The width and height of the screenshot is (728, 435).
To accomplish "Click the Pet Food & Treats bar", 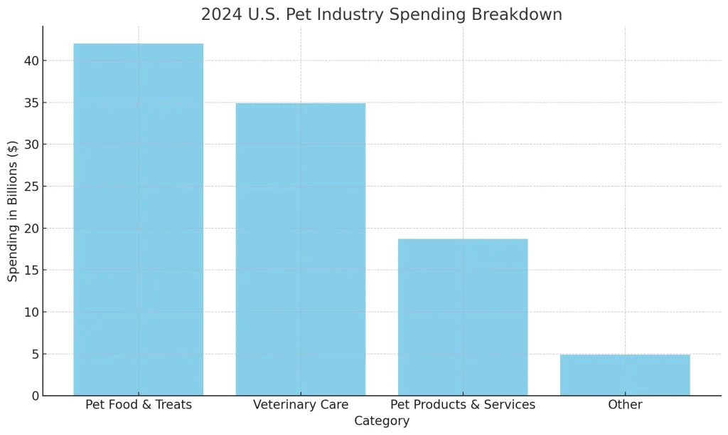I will [x=138, y=219].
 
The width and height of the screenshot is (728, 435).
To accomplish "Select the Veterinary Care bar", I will [x=300, y=249].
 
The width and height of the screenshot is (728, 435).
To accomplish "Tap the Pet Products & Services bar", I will [x=462, y=317].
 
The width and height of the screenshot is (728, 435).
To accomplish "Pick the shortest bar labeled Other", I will [x=624, y=374].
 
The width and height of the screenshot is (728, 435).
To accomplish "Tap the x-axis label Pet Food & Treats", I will [x=138, y=405].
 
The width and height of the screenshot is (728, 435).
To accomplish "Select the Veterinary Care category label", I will [x=300, y=405].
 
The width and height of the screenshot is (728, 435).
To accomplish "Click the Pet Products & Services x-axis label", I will [x=462, y=405].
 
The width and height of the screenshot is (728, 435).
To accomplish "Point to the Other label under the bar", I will [x=624, y=405].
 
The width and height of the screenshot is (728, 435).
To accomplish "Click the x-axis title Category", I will [x=382, y=421].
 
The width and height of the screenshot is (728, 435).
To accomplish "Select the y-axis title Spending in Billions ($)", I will [x=13, y=211].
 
